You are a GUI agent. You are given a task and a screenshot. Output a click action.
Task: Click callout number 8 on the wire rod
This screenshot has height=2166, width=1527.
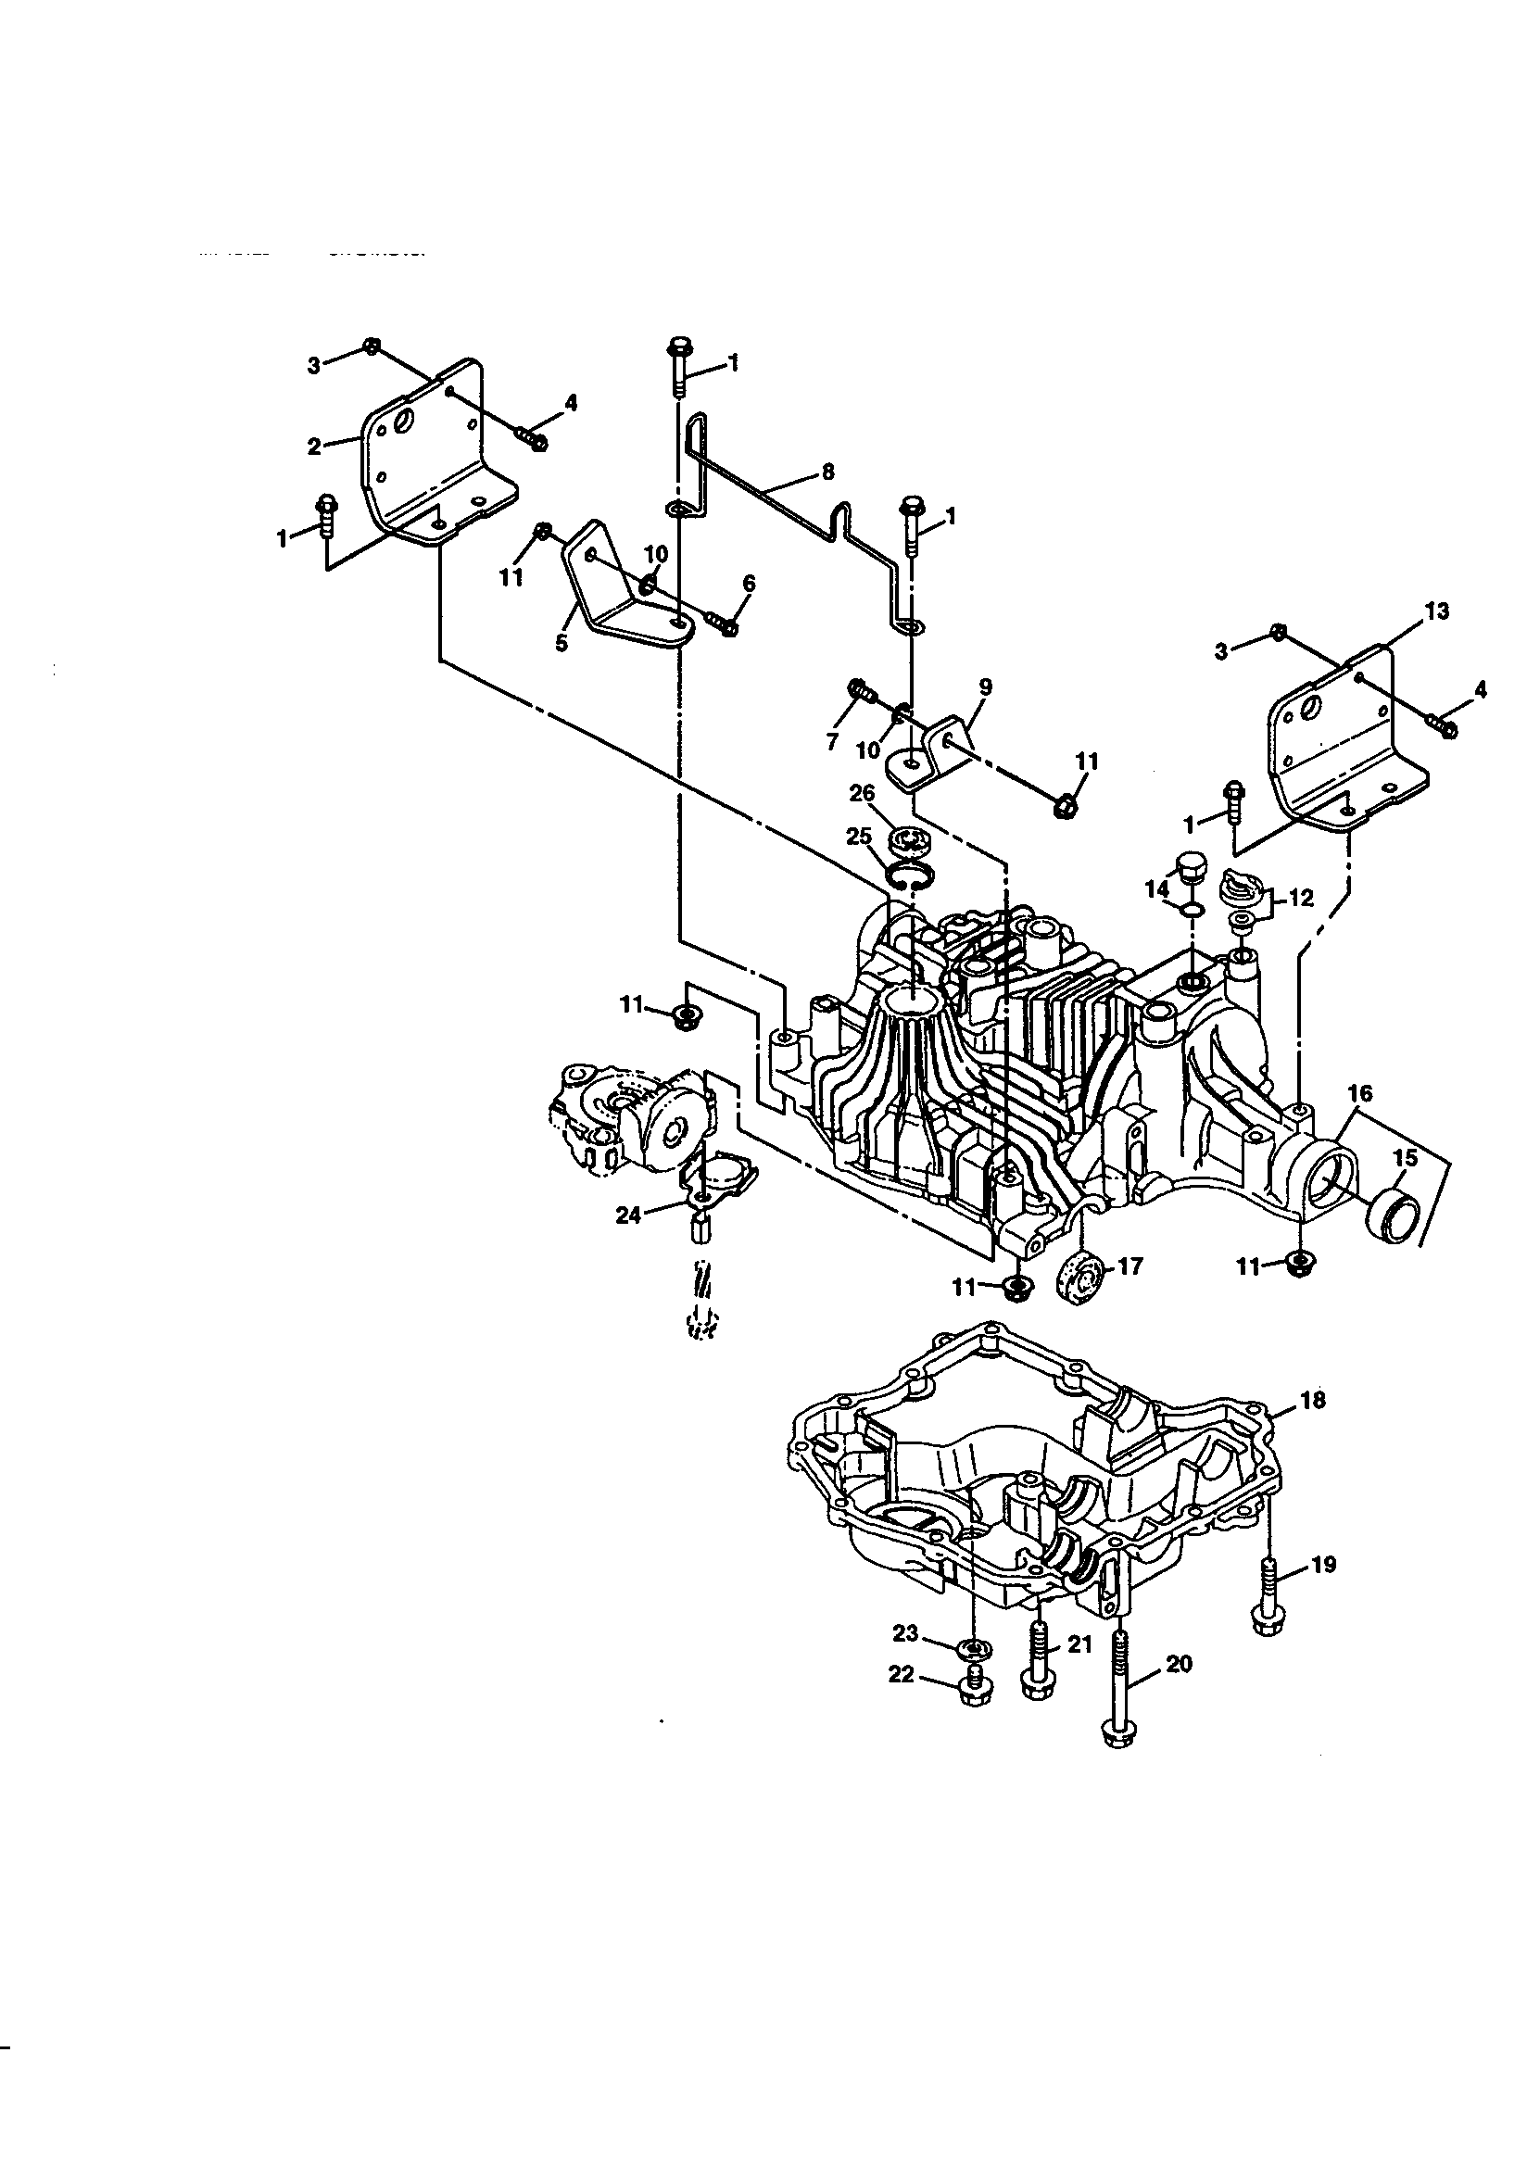point(827,472)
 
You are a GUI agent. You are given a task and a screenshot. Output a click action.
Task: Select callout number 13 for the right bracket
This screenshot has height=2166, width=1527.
point(1436,611)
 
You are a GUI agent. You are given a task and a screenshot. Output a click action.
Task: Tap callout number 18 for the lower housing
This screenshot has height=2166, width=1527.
point(1313,1427)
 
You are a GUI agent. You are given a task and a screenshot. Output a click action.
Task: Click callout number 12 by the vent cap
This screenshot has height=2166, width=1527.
point(1301,898)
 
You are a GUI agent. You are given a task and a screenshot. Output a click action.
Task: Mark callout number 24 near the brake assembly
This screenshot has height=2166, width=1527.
point(627,1216)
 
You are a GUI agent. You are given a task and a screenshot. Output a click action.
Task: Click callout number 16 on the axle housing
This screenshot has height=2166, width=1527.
point(1360,1093)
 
